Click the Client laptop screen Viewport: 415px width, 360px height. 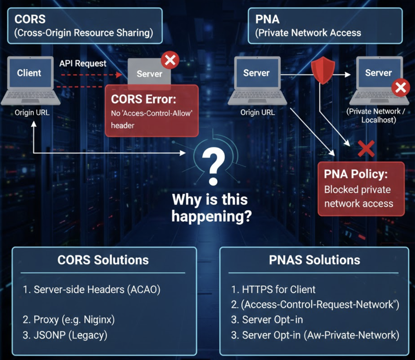pos(29,73)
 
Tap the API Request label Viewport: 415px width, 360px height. pos(83,63)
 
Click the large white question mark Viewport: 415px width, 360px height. pos(213,166)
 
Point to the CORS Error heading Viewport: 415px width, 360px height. pos(143,99)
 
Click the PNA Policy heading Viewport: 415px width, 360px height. pos(356,174)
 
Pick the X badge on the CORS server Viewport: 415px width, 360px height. pos(170,60)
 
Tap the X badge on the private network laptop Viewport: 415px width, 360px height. pos(401,88)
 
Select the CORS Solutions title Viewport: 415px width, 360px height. pos(103,260)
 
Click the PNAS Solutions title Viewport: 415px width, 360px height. pos(315,260)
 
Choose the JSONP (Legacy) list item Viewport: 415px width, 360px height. pos(65,335)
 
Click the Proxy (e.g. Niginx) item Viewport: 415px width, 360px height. pos(69,320)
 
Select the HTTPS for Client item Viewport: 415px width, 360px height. pos(273,289)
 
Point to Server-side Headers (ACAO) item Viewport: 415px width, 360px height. pos(92,289)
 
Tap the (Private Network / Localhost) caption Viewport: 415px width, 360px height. pos(376,116)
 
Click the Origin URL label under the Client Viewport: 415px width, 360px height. pos(32,113)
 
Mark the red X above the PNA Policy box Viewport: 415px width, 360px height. pos(366,148)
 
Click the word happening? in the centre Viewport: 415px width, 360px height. pos(212,216)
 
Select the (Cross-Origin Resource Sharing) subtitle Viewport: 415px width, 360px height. pos(84,33)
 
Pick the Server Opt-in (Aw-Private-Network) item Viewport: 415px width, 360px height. pos(315,335)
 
